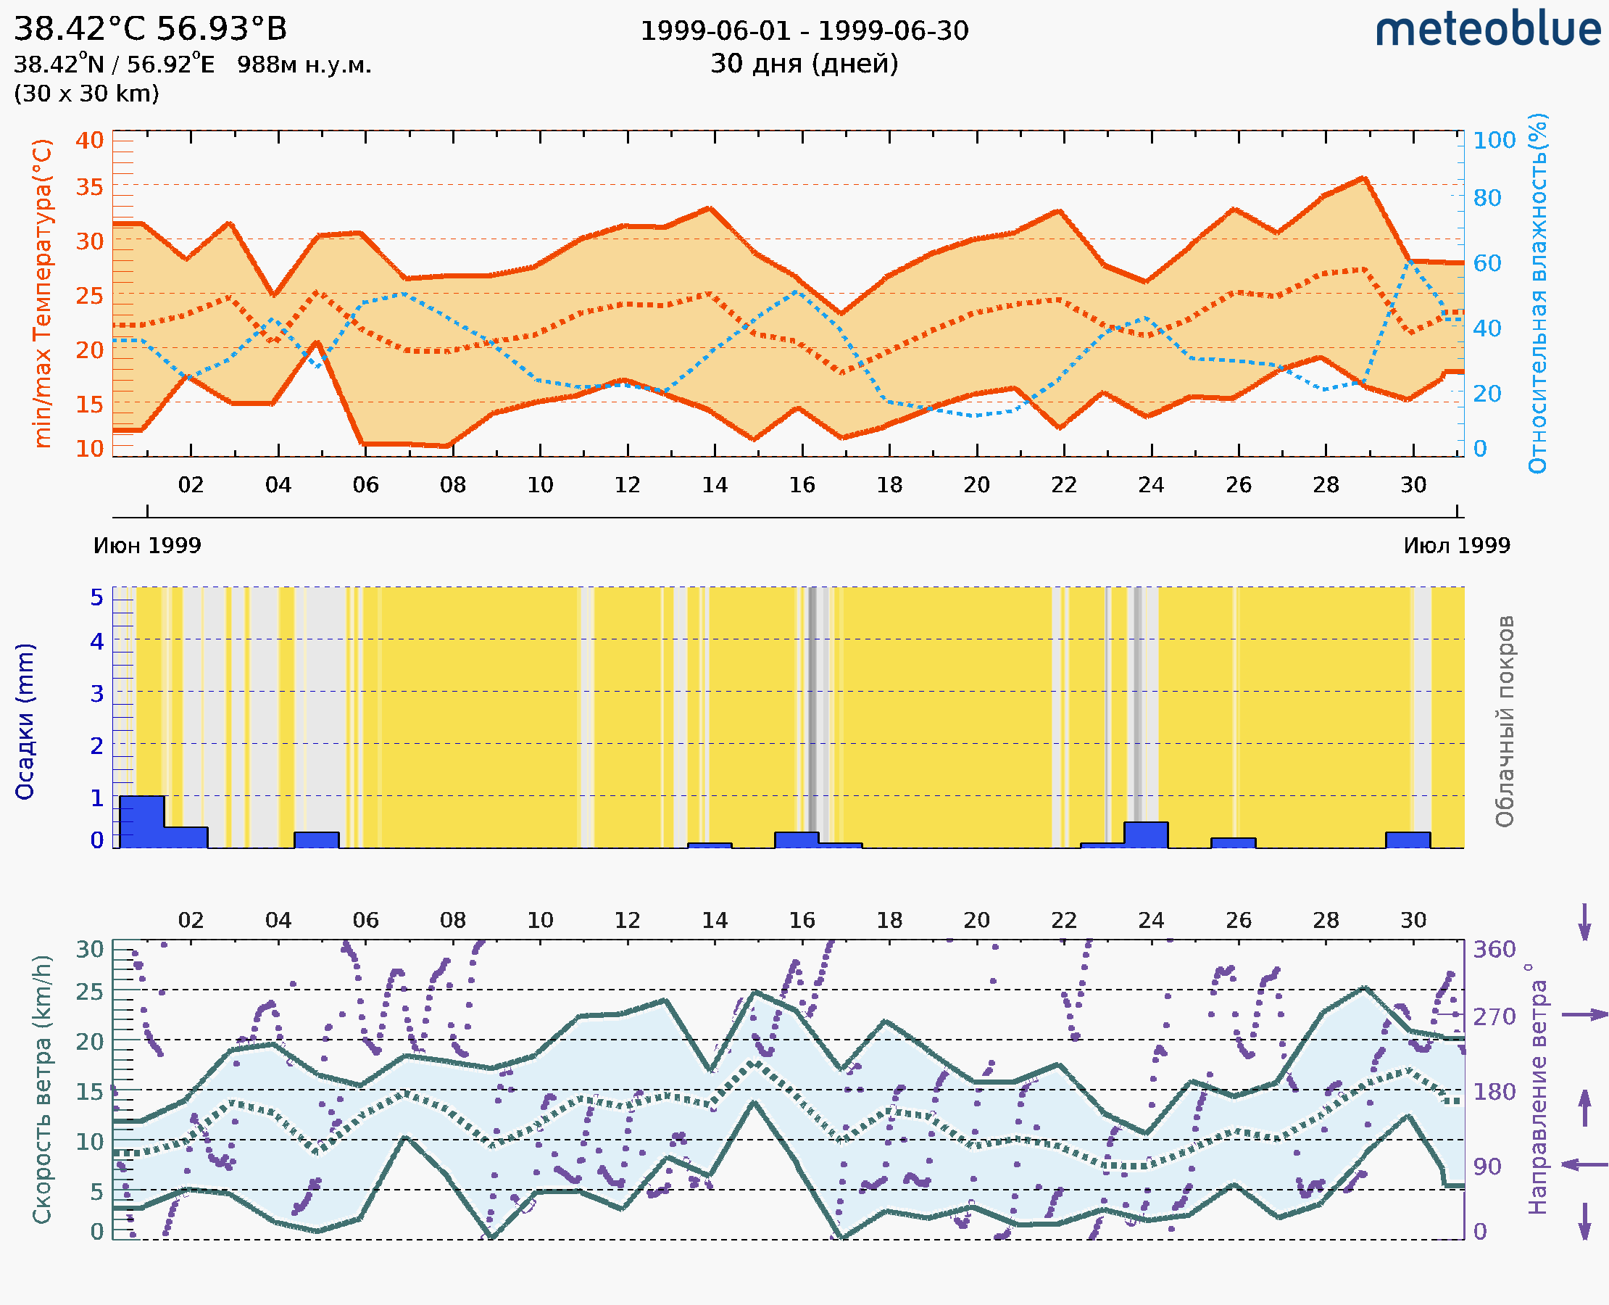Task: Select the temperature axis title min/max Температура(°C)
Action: coord(43,293)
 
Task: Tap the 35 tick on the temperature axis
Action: coord(89,187)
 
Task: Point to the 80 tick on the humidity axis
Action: coord(1487,199)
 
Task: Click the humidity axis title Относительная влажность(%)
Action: coord(1537,293)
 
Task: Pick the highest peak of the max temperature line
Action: coord(1363,178)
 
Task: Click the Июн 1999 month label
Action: coord(147,546)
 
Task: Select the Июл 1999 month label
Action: coord(1457,546)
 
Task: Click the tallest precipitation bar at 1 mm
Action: coord(142,821)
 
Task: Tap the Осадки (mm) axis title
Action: coord(25,721)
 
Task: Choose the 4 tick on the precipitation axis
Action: coord(97,642)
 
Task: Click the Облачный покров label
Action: coord(1504,721)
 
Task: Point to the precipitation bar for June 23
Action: coord(1146,835)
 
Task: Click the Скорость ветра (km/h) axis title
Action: coord(42,1089)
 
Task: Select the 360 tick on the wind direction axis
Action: coord(1494,950)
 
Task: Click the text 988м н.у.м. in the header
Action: coord(304,65)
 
